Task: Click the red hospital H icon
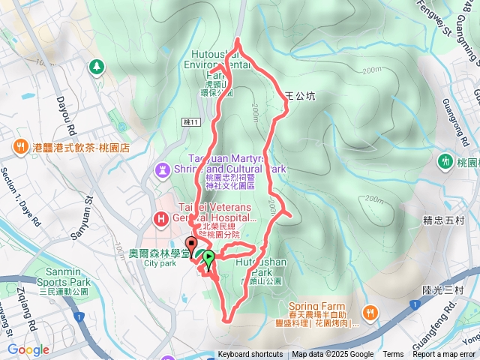[160, 218]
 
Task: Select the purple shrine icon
[162, 170]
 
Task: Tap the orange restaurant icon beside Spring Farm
[369, 312]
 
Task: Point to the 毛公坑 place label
[302, 97]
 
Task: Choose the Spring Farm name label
[317, 307]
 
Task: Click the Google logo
[28, 349]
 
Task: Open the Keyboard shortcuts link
[250, 355]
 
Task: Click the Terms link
[393, 355]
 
